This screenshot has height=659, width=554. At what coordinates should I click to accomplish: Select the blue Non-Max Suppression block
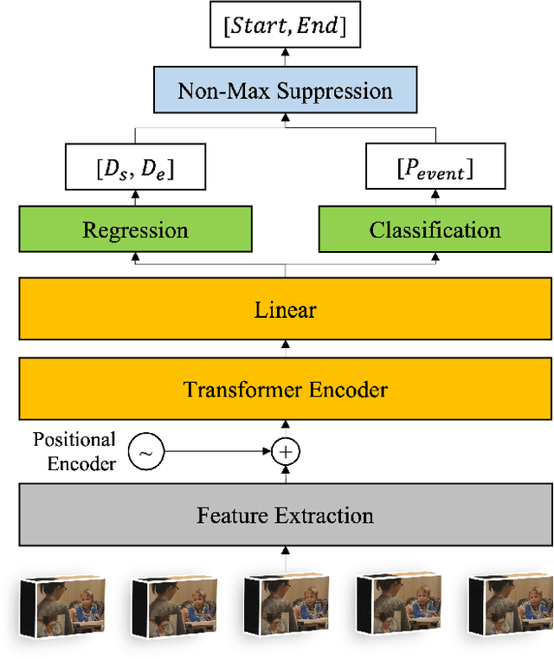(x=285, y=91)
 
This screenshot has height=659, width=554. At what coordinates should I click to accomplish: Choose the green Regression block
(x=135, y=230)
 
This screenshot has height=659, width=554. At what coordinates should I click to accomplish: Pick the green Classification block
(x=435, y=230)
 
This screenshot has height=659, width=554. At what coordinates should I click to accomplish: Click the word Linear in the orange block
(x=285, y=309)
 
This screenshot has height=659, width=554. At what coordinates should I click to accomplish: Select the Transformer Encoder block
(x=285, y=389)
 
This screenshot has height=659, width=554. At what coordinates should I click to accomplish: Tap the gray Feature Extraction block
(x=285, y=515)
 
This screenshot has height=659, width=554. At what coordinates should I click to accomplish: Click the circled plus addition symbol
(x=285, y=451)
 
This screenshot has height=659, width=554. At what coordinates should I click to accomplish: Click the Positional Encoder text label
(x=74, y=451)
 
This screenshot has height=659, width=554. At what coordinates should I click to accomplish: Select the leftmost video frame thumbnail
(x=62, y=606)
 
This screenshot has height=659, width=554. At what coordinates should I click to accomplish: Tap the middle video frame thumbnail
(x=285, y=606)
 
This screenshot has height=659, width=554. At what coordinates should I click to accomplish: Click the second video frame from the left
(x=174, y=606)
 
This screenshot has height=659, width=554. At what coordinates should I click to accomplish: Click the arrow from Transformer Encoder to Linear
(x=285, y=349)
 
